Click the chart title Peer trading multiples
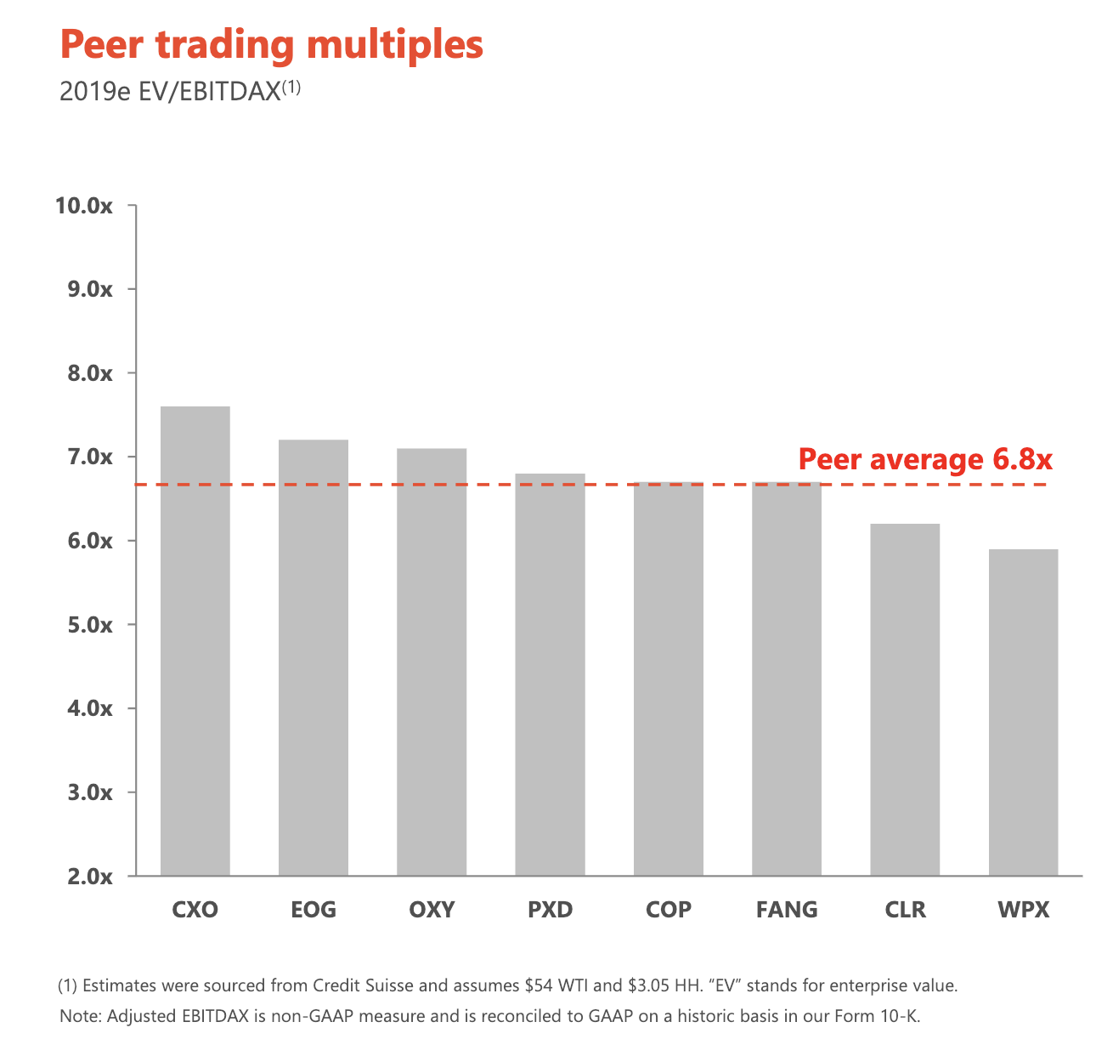click(271, 45)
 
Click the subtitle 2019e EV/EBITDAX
click(169, 92)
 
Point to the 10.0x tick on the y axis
click(83, 206)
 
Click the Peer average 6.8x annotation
click(924, 460)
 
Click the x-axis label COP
click(669, 910)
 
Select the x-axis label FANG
click(787, 910)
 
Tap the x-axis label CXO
click(195, 910)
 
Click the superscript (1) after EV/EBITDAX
click(291, 87)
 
